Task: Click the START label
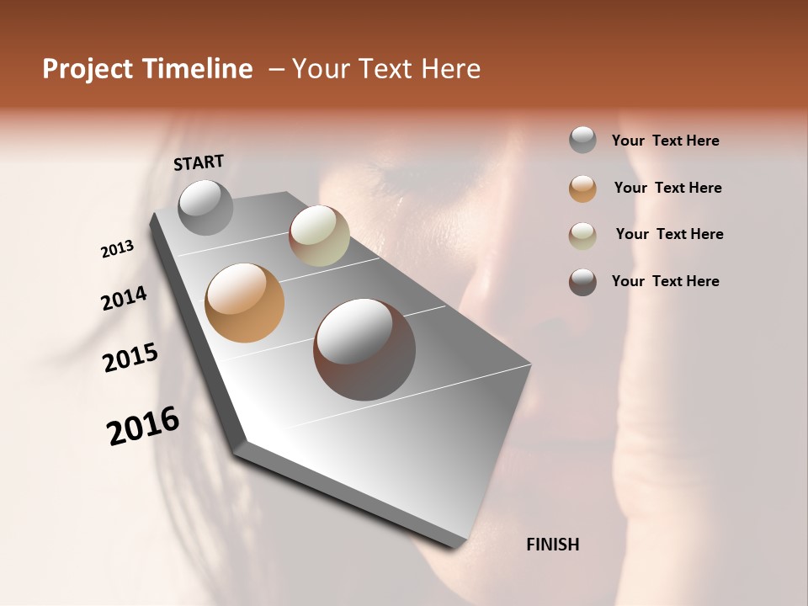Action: [199, 162]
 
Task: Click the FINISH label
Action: [552, 545]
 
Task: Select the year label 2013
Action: [118, 249]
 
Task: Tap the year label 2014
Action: [124, 298]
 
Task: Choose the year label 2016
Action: [143, 426]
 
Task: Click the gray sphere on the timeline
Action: [205, 207]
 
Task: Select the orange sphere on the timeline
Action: [244, 303]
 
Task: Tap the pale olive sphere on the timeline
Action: [319, 236]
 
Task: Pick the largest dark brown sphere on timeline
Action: [364, 348]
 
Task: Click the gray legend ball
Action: [582, 140]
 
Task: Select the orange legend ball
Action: [582, 189]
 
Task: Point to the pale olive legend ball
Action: [582, 236]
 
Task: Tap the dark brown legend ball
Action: [582, 282]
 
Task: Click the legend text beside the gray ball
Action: [665, 141]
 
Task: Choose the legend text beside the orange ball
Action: [667, 188]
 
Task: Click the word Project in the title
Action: [88, 69]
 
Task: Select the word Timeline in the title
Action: [198, 69]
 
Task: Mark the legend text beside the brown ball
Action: [665, 281]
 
